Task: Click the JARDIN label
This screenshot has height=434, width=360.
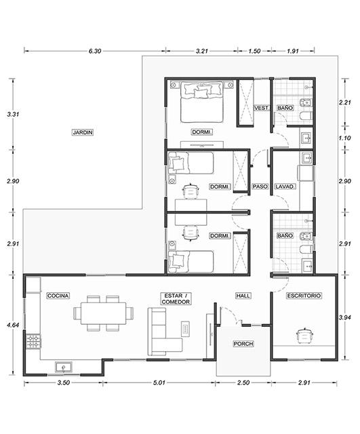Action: [x=83, y=132]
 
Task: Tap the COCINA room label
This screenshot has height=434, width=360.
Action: [x=58, y=296]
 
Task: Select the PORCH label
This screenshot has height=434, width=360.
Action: [x=243, y=344]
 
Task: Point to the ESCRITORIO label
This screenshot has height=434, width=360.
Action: [x=304, y=296]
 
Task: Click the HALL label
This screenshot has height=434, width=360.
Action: [x=243, y=296]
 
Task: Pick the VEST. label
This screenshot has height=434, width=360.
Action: [x=262, y=108]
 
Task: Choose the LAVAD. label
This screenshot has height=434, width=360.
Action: [x=285, y=186]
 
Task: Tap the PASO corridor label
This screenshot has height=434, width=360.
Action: [x=260, y=186]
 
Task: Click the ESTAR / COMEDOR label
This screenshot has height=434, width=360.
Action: [x=176, y=299]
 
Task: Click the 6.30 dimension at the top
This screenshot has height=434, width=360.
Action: [x=95, y=51]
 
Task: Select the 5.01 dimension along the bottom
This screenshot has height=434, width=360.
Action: [x=159, y=382]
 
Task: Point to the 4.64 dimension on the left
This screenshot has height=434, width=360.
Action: [x=13, y=325]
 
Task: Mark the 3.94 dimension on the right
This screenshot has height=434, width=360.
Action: [x=345, y=317]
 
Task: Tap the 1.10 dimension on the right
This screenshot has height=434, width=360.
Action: [x=345, y=138]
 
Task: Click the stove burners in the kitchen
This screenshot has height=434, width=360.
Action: [x=33, y=342]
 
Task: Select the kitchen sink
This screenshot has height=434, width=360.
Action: [x=64, y=367]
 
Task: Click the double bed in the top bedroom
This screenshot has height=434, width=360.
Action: [x=202, y=102]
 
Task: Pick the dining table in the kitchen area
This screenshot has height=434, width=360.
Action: [x=103, y=313]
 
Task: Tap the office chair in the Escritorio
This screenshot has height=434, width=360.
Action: [x=305, y=336]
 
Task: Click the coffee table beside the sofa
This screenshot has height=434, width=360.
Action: [x=185, y=329]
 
